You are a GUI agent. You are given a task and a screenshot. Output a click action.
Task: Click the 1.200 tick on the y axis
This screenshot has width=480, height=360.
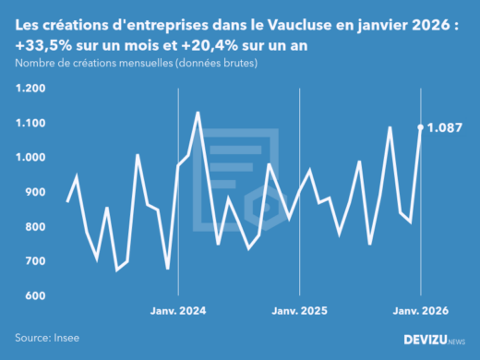click(x=30, y=89)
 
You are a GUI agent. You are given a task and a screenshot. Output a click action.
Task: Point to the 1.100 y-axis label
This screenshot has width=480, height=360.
click(x=30, y=123)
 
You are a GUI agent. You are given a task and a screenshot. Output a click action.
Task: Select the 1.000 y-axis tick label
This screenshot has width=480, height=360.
click(x=30, y=158)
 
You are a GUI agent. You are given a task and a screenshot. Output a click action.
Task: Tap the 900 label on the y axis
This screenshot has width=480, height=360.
click(x=33, y=192)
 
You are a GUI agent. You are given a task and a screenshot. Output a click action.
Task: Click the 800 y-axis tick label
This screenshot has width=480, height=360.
click(x=33, y=227)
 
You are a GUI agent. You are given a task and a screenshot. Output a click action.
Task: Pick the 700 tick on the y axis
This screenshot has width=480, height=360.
click(x=33, y=261)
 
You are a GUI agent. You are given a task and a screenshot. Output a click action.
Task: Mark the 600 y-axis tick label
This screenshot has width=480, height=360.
click(x=33, y=296)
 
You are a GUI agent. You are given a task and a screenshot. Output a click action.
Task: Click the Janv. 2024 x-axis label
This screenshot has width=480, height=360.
click(x=178, y=310)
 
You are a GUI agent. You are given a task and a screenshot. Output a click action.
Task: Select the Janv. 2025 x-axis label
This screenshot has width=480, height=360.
click(x=300, y=310)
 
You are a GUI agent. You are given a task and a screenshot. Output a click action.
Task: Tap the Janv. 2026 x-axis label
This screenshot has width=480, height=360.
click(x=421, y=310)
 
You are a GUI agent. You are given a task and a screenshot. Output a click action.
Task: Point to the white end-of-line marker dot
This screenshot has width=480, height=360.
click(x=421, y=127)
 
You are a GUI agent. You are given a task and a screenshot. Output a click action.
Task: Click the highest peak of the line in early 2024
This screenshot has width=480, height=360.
click(x=198, y=113)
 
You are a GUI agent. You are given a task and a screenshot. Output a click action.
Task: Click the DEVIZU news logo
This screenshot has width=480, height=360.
click(x=434, y=339)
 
